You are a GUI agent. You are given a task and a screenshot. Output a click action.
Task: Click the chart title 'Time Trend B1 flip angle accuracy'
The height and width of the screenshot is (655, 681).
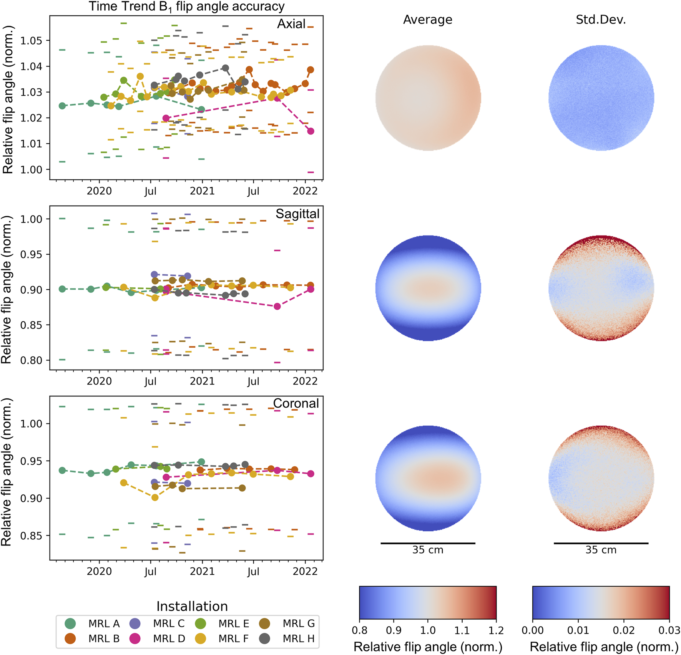(x=187, y=7)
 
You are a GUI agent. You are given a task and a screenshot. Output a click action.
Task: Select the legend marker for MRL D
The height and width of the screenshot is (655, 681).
(x=135, y=638)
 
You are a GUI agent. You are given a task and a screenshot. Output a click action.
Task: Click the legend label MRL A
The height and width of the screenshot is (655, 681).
(x=104, y=623)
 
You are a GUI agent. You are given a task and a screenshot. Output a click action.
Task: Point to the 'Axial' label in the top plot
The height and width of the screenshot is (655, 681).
(x=291, y=24)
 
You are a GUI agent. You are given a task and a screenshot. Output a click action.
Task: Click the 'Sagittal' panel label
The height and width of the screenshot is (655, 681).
(x=297, y=214)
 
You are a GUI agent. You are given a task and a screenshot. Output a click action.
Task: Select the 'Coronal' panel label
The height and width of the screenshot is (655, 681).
(x=296, y=403)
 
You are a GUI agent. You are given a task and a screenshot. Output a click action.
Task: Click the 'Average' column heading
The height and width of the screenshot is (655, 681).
(x=427, y=20)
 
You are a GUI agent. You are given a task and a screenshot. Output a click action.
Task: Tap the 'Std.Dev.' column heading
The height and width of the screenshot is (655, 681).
(x=601, y=20)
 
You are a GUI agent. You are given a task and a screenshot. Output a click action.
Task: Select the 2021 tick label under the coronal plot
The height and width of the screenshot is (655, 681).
(x=202, y=571)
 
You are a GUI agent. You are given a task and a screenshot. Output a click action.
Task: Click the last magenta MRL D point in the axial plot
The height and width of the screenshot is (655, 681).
(x=311, y=131)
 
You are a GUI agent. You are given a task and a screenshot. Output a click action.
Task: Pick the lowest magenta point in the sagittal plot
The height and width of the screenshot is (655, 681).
(x=277, y=306)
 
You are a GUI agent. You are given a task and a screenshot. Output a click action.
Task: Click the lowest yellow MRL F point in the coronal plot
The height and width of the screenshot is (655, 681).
(x=155, y=497)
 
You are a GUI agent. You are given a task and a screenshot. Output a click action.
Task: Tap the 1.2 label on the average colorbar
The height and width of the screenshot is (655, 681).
(x=496, y=630)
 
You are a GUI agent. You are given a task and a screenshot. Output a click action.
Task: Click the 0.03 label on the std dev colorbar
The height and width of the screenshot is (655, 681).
(x=669, y=630)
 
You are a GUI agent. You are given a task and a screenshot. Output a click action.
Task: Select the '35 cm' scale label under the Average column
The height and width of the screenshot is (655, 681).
(x=428, y=550)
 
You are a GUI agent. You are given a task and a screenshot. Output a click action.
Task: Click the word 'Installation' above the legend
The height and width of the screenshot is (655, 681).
(x=192, y=606)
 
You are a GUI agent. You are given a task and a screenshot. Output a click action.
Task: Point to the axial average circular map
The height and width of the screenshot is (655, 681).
(x=428, y=98)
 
